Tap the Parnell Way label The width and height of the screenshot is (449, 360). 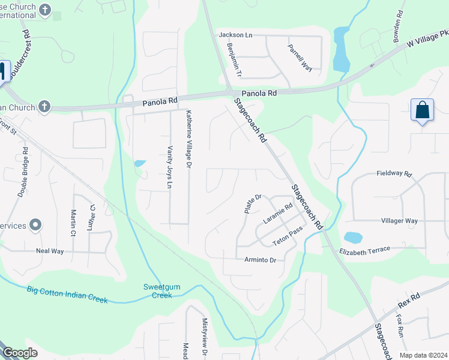[300, 58]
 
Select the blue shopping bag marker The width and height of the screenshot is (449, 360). [422, 110]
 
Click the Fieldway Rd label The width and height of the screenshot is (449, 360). [394, 173]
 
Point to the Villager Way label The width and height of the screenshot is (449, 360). [399, 221]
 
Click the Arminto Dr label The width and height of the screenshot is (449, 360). [260, 260]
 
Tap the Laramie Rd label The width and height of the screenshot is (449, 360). [277, 214]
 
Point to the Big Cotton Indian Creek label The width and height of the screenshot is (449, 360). [67, 295]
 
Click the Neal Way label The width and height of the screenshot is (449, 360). [50, 251]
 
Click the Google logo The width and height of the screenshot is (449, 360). [19, 353]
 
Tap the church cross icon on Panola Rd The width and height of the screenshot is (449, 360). [43, 107]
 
